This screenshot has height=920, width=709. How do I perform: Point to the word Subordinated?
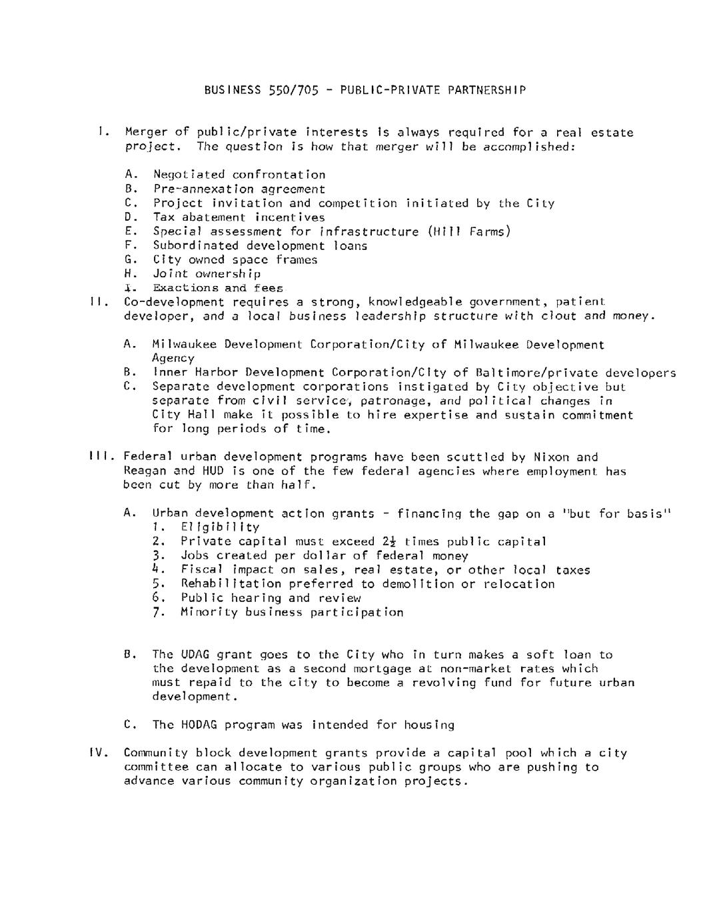(195, 245)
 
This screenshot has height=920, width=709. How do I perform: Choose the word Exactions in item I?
(185, 288)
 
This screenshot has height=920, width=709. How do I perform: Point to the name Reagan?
(145, 471)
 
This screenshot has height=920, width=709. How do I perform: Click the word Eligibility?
(220, 527)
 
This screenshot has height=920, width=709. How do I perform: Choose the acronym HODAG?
(199, 725)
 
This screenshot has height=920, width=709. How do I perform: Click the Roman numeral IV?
(98, 753)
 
